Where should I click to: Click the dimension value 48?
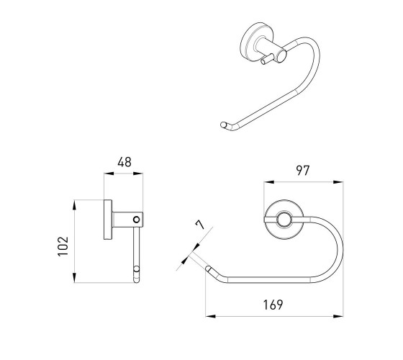pos(124,162)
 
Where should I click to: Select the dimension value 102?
pos(63,246)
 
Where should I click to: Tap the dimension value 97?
pos(303,171)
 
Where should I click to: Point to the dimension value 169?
pos(273,305)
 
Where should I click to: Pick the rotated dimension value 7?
pos(200,225)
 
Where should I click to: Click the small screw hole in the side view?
pos(137,220)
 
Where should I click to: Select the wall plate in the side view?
pos(108,220)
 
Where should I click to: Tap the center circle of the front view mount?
pos(284,220)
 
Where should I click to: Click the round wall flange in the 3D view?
pos(253,43)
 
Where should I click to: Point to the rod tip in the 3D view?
pos(224,125)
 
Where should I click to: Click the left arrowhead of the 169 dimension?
pos(210,316)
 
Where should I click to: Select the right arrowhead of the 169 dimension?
pos(338,316)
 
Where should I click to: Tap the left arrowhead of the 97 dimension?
pos(269,182)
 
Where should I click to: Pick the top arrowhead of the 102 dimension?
pos(74,205)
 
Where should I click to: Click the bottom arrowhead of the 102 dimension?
pos(74,278)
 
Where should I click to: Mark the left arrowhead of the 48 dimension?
pos(109,174)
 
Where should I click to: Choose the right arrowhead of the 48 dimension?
pos(138,174)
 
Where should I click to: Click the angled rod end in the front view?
pos(208,269)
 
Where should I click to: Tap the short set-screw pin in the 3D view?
pos(267,59)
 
